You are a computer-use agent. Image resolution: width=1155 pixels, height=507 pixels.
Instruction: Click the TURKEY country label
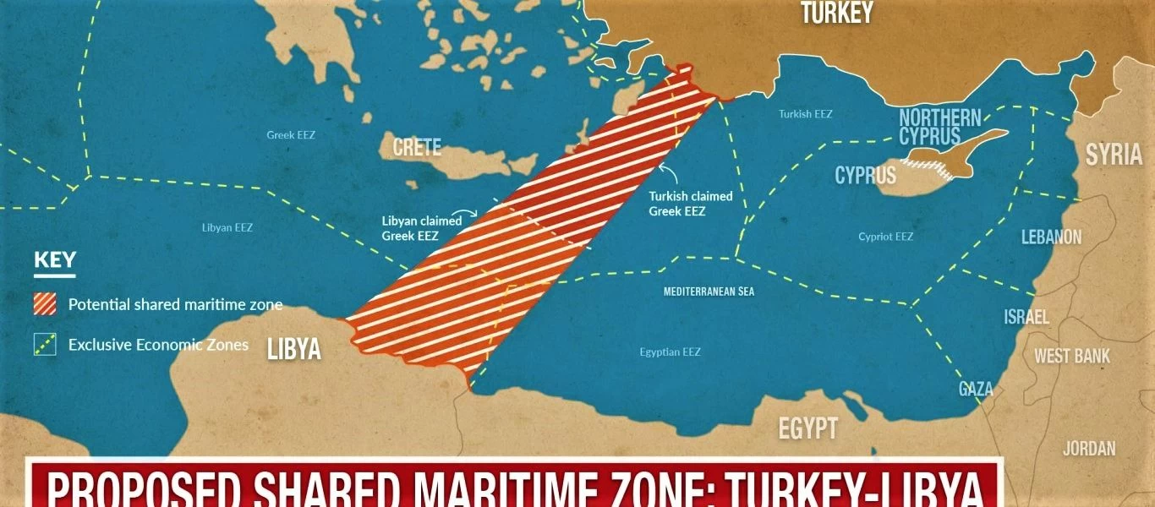click(836, 13)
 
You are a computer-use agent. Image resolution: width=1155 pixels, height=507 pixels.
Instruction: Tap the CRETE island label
click(417, 147)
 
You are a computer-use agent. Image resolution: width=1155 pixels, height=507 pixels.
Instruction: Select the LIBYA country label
click(293, 348)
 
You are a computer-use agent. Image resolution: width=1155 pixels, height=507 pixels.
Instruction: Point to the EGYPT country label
click(807, 428)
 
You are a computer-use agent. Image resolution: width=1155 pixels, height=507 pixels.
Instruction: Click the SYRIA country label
click(1114, 155)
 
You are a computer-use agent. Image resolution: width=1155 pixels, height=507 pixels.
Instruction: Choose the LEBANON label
click(1051, 237)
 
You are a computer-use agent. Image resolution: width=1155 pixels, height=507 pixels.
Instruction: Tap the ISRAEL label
click(1026, 317)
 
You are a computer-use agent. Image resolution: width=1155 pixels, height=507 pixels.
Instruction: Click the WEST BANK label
click(1072, 356)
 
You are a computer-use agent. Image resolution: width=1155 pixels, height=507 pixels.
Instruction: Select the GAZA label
click(976, 389)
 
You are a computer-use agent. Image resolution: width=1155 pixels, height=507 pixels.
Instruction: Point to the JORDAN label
click(1089, 449)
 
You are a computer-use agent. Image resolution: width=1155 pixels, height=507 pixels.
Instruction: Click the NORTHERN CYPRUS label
click(939, 128)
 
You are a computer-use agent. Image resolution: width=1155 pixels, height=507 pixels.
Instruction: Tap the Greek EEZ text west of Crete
click(291, 134)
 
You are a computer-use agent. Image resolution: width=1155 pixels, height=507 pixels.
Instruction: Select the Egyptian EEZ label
click(670, 352)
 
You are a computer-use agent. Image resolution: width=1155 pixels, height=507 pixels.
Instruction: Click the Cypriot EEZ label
click(885, 237)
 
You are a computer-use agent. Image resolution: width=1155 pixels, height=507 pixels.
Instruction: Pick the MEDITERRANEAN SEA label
click(709, 292)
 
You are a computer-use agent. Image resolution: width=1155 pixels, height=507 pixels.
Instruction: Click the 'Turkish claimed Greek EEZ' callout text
click(690, 203)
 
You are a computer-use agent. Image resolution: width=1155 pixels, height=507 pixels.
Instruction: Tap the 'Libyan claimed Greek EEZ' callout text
click(421, 228)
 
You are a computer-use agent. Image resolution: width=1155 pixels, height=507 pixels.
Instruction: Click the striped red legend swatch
click(45, 304)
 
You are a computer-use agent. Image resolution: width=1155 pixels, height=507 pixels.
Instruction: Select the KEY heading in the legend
click(54, 260)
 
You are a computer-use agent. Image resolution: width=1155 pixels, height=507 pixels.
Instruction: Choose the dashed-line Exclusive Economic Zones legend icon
click(45, 345)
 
